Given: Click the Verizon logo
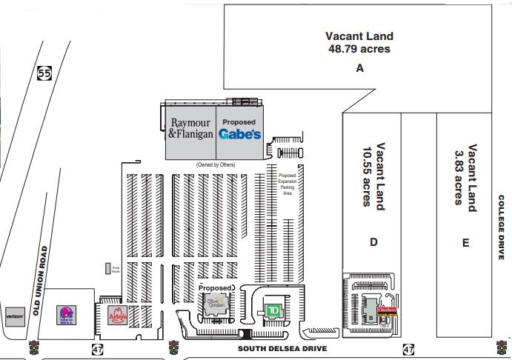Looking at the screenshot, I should pyautogui.click(x=16, y=316).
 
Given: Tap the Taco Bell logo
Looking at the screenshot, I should pyautogui.click(x=66, y=316).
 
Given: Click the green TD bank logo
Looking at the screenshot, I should pyautogui.click(x=273, y=310).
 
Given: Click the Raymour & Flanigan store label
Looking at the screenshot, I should pyautogui.click(x=190, y=129).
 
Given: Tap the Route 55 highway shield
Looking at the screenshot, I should pyautogui.click(x=43, y=73).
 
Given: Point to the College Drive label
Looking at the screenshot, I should pyautogui.click(x=501, y=233).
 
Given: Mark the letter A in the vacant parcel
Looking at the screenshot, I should pyautogui.click(x=359, y=67).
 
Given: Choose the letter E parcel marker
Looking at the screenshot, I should pyautogui.click(x=465, y=242).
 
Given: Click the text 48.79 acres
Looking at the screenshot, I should pyautogui.click(x=359, y=49).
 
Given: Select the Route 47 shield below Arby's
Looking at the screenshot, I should pyautogui.click(x=98, y=348).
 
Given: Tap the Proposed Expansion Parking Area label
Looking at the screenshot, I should pyautogui.click(x=287, y=182).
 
